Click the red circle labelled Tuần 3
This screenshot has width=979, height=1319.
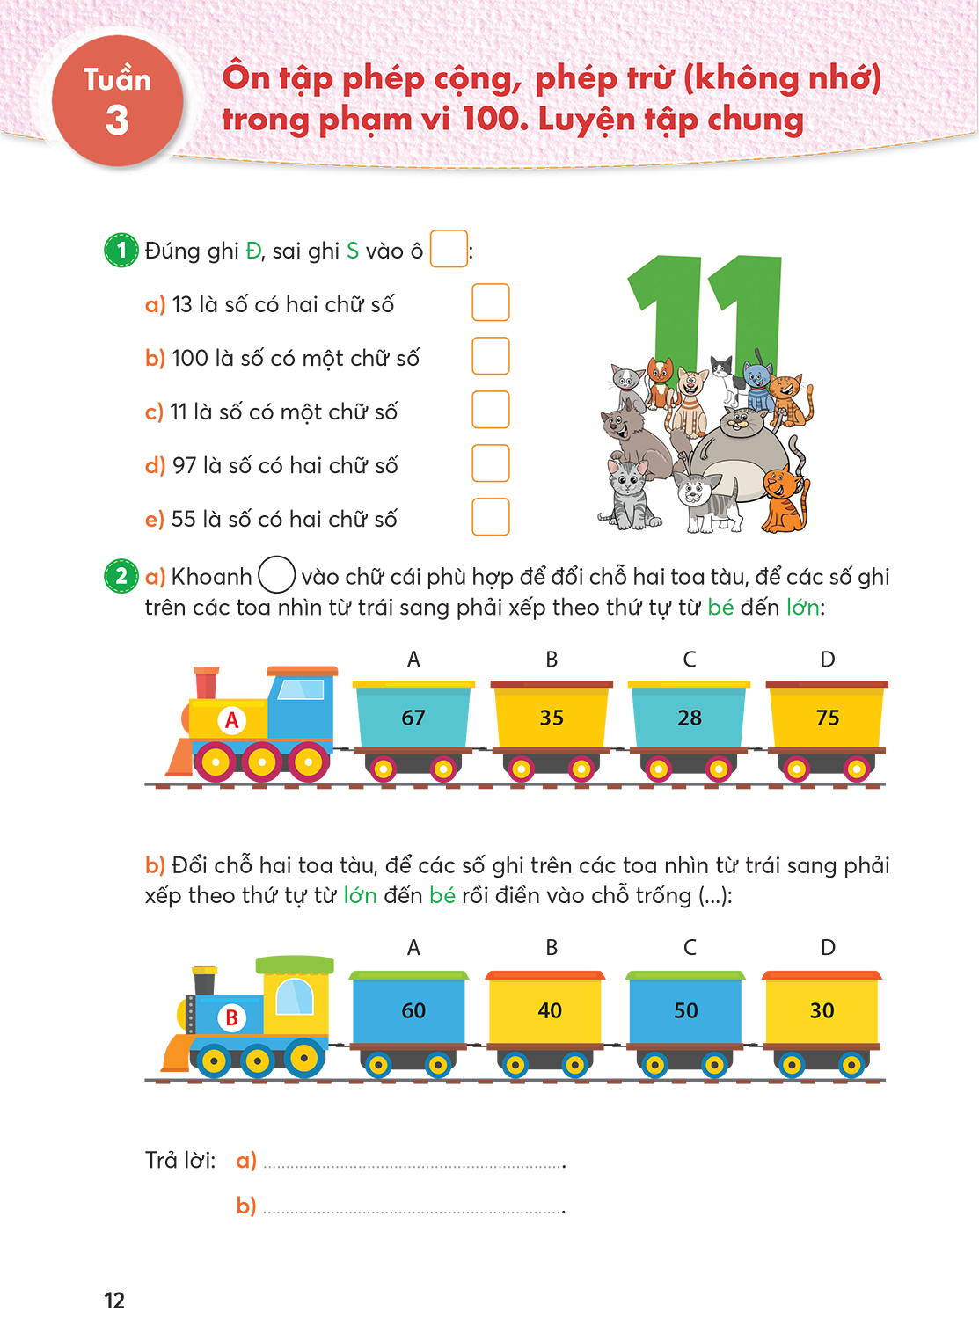tap(117, 100)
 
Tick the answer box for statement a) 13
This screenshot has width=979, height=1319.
tap(491, 302)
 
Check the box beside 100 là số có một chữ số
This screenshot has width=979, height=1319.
tap(491, 355)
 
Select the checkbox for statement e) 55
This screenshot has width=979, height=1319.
tap(491, 517)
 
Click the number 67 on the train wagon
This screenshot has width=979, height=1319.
tap(413, 718)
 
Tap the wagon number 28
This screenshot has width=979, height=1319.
tap(689, 718)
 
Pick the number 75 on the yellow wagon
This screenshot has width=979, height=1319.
tap(827, 718)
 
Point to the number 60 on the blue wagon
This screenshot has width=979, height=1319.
tap(413, 1010)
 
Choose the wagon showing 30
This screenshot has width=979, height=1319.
tap(822, 1010)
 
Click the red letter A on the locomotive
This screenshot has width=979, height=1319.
tap(231, 720)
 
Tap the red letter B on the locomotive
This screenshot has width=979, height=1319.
tap(231, 1017)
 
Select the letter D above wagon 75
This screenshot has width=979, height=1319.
tap(827, 659)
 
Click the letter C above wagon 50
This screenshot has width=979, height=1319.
tap(689, 947)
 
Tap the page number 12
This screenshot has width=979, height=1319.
tap(114, 1301)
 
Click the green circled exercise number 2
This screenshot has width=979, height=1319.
tap(121, 576)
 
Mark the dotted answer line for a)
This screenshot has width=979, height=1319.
tap(413, 1167)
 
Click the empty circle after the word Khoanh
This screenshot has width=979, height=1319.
tap(277, 574)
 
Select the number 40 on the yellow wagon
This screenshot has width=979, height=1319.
tap(549, 1010)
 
